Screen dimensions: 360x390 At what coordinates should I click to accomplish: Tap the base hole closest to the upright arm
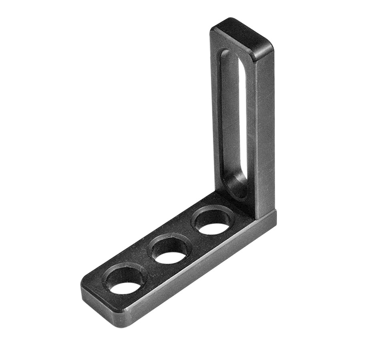pos(213,222)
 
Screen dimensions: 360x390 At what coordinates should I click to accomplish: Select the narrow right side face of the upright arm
pos(265,132)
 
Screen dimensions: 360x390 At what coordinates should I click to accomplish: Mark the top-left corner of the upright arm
pos(214,28)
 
